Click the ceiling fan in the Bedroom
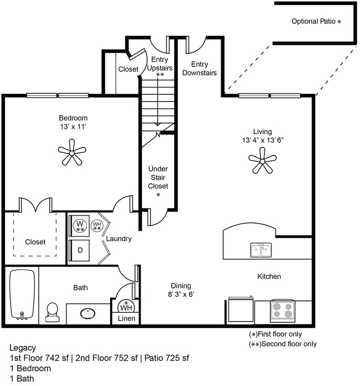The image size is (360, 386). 72,152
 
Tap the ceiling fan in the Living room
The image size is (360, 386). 263,161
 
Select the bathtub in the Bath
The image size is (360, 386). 22,294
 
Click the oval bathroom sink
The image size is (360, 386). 88,313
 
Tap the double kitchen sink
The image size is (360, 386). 261,250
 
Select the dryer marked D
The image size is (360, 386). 80,250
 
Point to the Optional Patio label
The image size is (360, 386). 316,21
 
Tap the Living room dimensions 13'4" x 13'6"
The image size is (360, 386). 263,140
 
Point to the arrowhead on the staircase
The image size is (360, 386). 158,123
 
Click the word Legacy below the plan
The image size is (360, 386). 22,348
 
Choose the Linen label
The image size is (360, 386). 127,318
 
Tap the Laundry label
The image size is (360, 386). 119,238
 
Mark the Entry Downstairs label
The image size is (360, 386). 199,68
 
